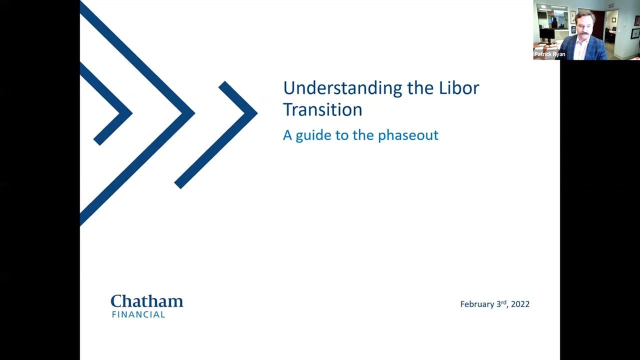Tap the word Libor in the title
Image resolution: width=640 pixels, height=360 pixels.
tap(458, 88)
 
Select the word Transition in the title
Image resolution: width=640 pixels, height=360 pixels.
tap(322, 109)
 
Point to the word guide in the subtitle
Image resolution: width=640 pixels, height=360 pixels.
tap(313, 135)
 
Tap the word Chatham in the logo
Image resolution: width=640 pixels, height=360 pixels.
tap(146, 301)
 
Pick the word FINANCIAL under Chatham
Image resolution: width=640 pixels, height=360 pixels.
tap(138, 314)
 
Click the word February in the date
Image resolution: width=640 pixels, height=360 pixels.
tap(477, 304)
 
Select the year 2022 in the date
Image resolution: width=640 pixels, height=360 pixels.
tap(520, 304)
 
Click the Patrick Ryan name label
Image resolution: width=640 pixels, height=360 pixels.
tap(549, 54)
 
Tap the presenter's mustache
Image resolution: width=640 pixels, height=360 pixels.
tap(584, 34)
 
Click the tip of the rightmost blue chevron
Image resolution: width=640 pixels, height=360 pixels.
tap(256, 113)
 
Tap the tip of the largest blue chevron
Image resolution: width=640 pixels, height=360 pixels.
tap(193, 113)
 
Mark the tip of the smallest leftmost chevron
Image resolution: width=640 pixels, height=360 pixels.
tap(131, 113)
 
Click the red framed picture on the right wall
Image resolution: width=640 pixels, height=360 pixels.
tap(636, 20)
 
